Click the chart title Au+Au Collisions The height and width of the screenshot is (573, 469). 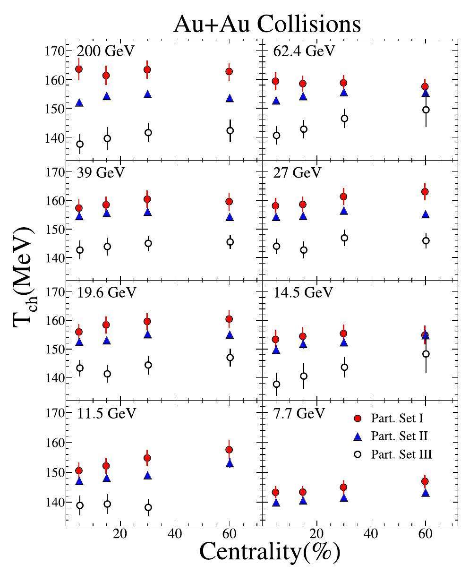click(x=267, y=24)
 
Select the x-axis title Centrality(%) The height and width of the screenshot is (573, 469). click(x=270, y=551)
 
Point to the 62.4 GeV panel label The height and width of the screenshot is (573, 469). click(x=304, y=51)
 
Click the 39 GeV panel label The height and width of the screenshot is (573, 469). click(x=101, y=172)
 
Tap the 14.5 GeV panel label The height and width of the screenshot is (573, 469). click(x=303, y=292)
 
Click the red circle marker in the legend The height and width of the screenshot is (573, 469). click(x=358, y=418)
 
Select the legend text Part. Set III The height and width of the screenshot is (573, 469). click(x=401, y=454)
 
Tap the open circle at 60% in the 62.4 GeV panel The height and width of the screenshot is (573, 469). click(x=426, y=110)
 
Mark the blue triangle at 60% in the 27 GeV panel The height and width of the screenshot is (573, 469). click(x=426, y=214)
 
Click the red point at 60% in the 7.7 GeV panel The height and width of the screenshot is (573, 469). click(x=426, y=481)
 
